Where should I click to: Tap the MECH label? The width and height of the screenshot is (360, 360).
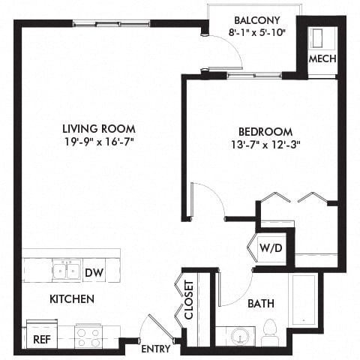pyautogui.click(x=322, y=59)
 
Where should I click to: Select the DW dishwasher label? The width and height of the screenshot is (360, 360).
pyautogui.click(x=94, y=273)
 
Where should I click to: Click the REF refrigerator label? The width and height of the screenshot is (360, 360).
pyautogui.click(x=42, y=338)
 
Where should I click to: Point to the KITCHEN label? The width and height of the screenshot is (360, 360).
pyautogui.click(x=71, y=299)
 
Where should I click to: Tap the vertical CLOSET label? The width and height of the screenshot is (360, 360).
pyautogui.click(x=189, y=300)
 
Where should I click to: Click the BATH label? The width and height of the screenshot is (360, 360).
pyautogui.click(x=260, y=304)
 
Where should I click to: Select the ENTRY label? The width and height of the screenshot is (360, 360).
pyautogui.click(x=156, y=349)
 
